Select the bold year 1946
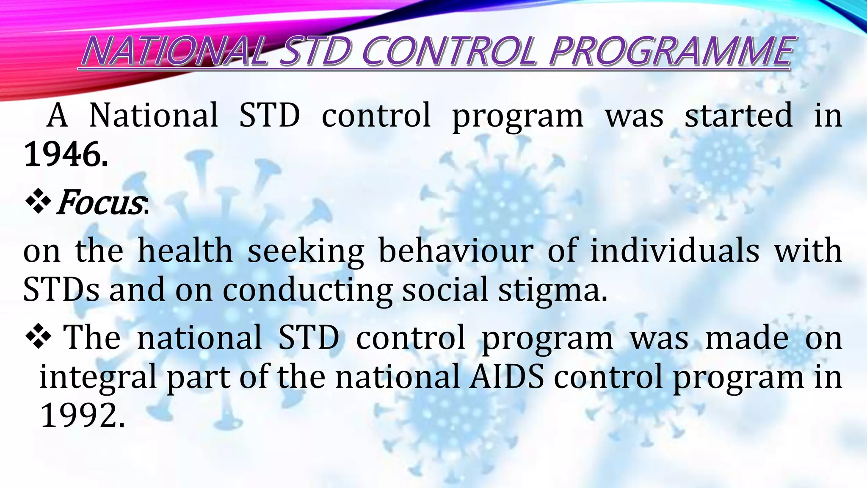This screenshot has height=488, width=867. [66, 155]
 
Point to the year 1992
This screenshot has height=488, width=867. [82, 416]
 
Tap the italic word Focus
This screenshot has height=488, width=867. [99, 203]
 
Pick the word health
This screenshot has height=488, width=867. [185, 251]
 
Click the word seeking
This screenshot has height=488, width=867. [305, 252]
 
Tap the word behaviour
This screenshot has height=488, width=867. [456, 251]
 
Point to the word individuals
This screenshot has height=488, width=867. [675, 251]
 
